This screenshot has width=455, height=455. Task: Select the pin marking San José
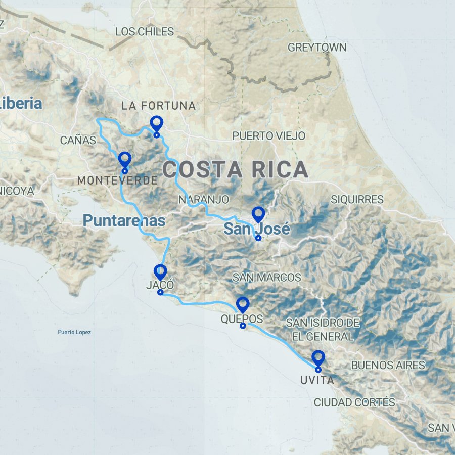pos(258,215)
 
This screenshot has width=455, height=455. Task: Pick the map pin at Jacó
pos(160,272)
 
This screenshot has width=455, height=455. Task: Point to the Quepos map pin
pos(243,305)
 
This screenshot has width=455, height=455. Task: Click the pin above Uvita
pos(318,358)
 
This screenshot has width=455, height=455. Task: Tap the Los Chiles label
pos(145,32)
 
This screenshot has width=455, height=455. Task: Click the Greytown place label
pos(317,48)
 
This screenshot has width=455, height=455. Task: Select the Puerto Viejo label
pos(268,136)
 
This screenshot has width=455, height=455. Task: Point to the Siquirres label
pos(357,200)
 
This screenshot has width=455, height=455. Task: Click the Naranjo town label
pos(204,200)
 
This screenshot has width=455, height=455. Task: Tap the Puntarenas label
pos(124,220)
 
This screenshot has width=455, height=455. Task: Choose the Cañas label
pos(78,140)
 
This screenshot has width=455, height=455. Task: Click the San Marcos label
pos(266,277)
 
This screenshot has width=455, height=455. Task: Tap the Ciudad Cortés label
pos(354,402)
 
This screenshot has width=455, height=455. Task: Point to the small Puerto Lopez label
pos(74,332)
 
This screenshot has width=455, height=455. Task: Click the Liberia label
pos(20,104)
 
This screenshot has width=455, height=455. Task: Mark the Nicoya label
pos(17,191)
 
